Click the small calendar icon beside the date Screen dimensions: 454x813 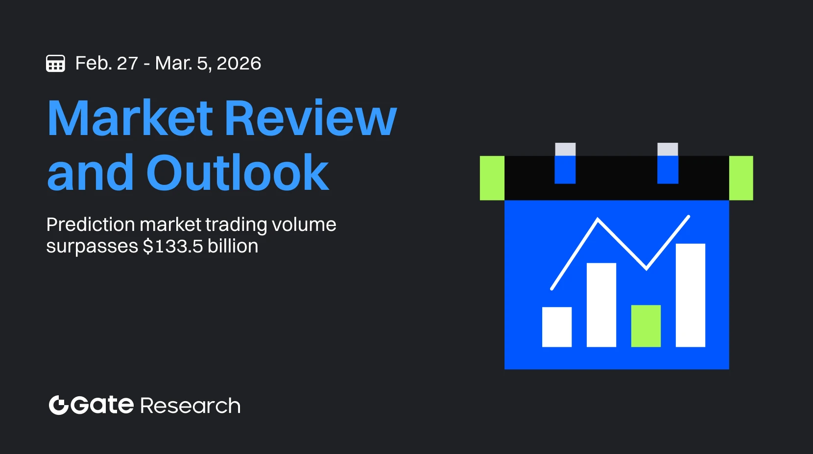(55, 64)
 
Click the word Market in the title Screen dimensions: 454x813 (130, 118)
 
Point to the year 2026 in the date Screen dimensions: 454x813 (239, 64)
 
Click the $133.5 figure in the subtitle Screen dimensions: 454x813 (173, 246)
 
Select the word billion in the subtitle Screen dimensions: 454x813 (233, 246)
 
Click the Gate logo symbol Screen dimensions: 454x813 (58, 405)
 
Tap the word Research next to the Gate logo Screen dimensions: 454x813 (191, 406)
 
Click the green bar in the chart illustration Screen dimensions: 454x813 (646, 326)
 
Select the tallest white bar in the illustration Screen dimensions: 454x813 (690, 295)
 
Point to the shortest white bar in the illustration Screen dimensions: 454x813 (557, 327)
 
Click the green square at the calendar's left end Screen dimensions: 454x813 (492, 178)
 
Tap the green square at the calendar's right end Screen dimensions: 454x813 (741, 178)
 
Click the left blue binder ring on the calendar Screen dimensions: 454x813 (565, 169)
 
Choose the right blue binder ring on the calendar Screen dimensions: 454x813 (668, 169)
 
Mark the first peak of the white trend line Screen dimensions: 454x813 (598, 219)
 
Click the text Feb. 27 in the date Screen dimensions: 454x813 (106, 64)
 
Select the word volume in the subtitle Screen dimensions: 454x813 (304, 225)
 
